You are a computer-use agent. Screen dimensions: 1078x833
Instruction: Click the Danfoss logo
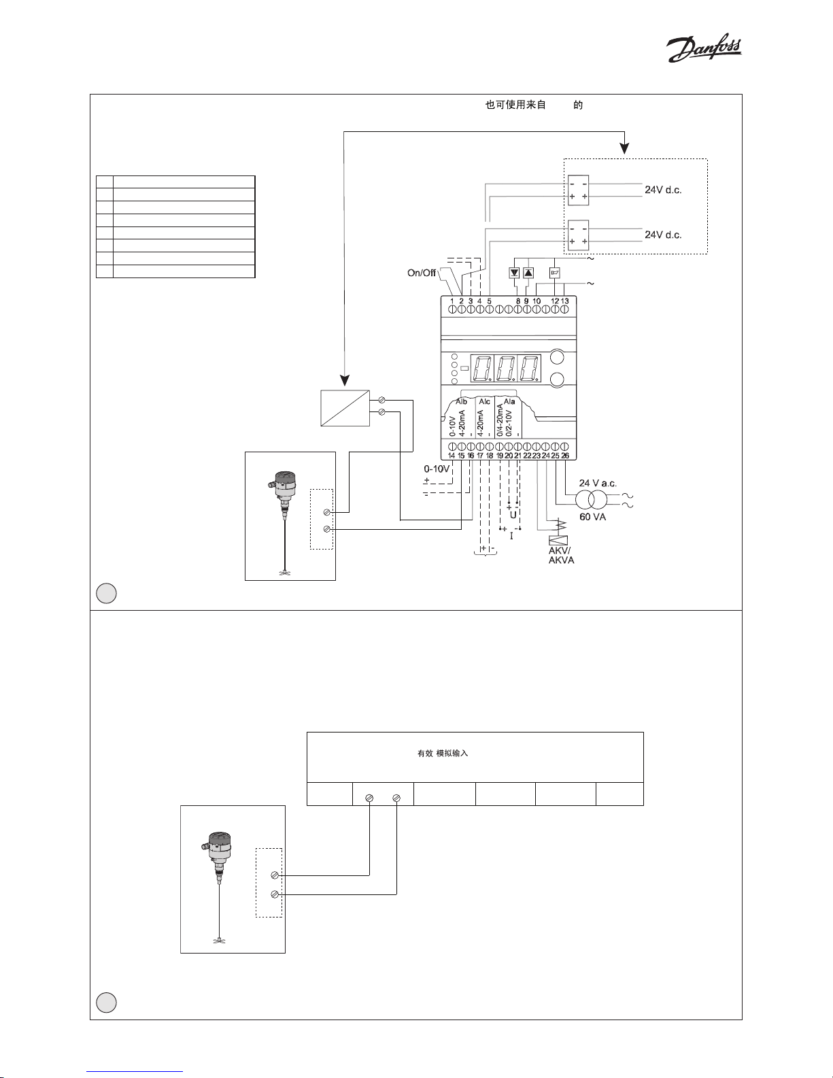(x=703, y=50)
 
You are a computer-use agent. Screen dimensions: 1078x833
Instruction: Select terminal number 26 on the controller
(x=565, y=455)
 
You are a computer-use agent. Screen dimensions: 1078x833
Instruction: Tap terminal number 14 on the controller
(x=452, y=455)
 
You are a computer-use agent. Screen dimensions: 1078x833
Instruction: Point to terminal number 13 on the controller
(x=564, y=301)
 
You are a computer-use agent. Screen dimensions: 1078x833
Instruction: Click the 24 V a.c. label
(x=598, y=483)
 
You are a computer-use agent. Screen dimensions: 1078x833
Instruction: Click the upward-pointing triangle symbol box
(x=528, y=273)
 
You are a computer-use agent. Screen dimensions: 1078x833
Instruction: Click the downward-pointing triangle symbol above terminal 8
(x=515, y=273)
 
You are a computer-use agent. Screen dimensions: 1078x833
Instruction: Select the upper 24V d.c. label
(x=663, y=190)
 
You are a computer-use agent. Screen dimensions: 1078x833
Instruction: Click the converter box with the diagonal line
(x=345, y=407)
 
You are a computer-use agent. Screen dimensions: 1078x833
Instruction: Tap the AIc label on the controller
(x=484, y=402)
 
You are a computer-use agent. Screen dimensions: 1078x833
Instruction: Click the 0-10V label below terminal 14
(x=437, y=469)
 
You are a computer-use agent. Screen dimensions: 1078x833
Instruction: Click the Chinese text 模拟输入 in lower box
(x=452, y=754)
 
